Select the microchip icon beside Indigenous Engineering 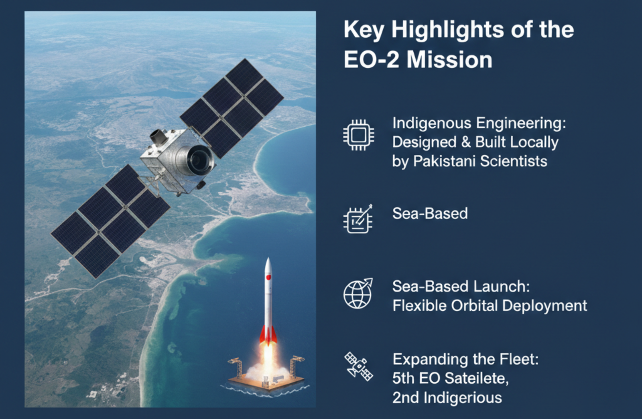tap(358, 135)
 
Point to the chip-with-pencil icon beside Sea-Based tap(358, 219)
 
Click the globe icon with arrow tap(358, 294)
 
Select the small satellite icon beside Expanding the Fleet tap(358, 366)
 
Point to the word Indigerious tap(462, 398)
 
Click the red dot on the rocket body tap(268, 277)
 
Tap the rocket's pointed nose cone tap(268, 263)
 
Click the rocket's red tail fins tap(268, 336)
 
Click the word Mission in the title tap(449, 60)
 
